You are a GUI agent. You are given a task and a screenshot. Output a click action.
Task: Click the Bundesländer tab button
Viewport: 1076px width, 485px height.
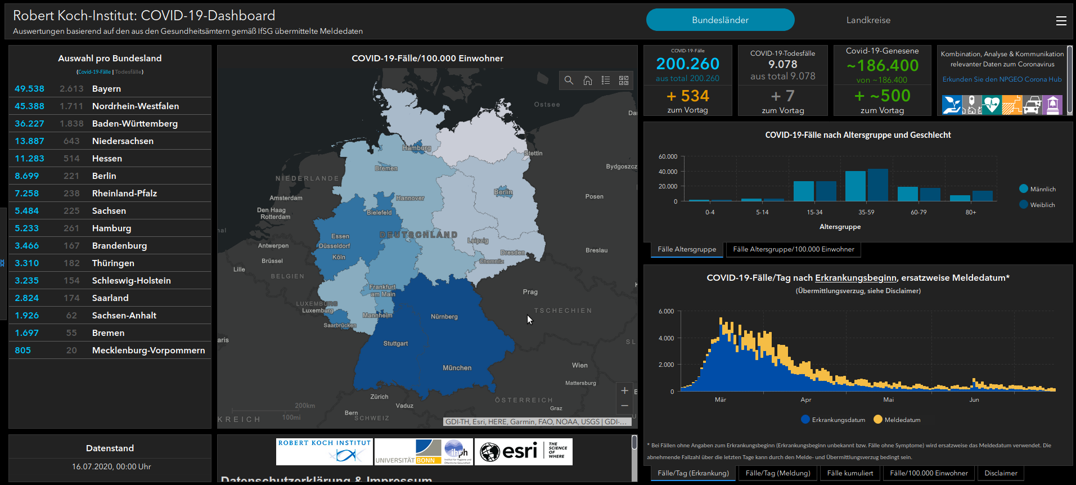(720, 20)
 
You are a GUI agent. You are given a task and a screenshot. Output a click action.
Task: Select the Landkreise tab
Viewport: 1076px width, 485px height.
(868, 20)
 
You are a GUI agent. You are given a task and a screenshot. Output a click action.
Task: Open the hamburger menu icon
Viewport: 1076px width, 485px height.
(1061, 21)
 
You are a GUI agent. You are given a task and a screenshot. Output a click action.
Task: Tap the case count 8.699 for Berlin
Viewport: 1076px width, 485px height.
(27, 176)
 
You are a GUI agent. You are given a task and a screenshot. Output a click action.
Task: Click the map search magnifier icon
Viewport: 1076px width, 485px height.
(569, 80)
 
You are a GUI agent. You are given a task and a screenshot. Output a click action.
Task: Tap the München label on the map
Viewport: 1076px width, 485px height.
(457, 368)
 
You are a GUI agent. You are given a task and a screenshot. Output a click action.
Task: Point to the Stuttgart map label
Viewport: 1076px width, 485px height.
(395, 343)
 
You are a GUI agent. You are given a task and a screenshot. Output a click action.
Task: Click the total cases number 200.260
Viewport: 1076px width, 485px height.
(687, 64)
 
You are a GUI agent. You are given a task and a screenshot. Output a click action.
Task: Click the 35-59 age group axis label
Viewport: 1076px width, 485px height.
(866, 212)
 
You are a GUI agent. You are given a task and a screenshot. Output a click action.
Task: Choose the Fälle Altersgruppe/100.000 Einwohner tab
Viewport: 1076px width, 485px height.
(793, 249)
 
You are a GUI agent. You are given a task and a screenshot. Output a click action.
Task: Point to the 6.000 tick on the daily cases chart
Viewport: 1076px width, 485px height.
(666, 311)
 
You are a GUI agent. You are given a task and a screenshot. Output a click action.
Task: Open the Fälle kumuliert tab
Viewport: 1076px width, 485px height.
(850, 473)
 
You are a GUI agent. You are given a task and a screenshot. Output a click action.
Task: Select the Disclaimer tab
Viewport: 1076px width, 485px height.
(1001, 473)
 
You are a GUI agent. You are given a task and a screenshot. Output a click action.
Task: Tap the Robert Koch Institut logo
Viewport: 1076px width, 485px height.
(325, 451)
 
